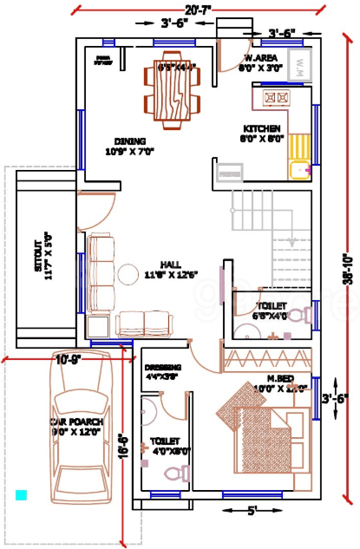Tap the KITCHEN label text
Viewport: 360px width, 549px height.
260,129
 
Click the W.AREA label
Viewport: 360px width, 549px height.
260,58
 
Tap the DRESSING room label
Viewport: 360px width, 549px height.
162,368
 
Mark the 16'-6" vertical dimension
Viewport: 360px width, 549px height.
124,446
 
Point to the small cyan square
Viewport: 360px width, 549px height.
21,494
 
